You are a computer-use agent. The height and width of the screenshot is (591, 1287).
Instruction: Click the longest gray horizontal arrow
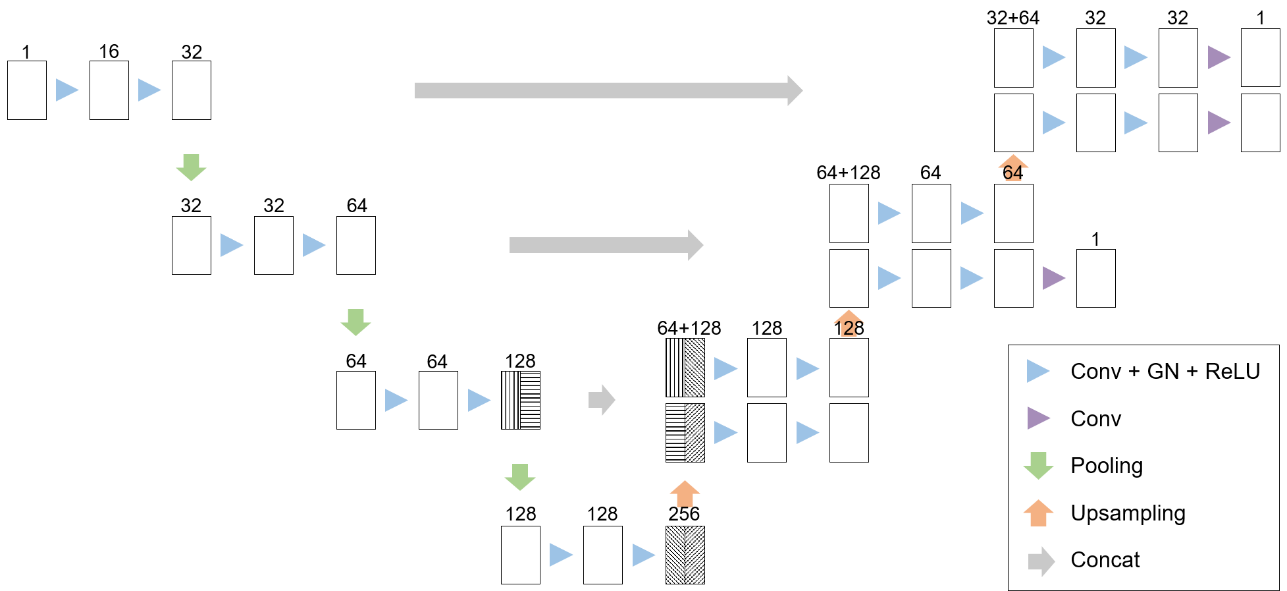coord(606,90)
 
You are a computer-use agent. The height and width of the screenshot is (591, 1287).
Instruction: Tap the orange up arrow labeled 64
coord(1013,168)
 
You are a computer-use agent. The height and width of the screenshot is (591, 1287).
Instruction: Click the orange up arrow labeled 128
coord(849,324)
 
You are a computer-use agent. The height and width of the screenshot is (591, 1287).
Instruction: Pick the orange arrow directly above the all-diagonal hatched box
coord(685,494)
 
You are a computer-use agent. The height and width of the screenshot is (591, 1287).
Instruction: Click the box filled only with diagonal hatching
coord(685,555)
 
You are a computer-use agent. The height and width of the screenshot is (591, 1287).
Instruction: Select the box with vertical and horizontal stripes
coord(521,400)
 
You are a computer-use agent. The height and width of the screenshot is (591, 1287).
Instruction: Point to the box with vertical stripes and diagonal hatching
coord(685,368)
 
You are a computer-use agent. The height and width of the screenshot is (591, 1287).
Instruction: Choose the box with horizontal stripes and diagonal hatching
coord(685,432)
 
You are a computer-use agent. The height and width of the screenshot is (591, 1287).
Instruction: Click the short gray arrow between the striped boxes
coord(601,400)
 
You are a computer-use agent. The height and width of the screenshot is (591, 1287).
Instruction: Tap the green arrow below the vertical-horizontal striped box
coord(520,477)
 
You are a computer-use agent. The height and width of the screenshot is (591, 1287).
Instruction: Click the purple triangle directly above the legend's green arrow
coord(1037,418)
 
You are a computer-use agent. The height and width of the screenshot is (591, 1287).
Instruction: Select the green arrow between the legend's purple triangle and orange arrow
coord(1038,465)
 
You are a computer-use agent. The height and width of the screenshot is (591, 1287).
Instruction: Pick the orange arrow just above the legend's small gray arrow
coord(1038,513)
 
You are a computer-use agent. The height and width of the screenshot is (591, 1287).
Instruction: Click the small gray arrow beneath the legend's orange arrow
coord(1041,561)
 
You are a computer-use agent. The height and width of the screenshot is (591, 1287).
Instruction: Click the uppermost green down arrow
coord(191,167)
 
